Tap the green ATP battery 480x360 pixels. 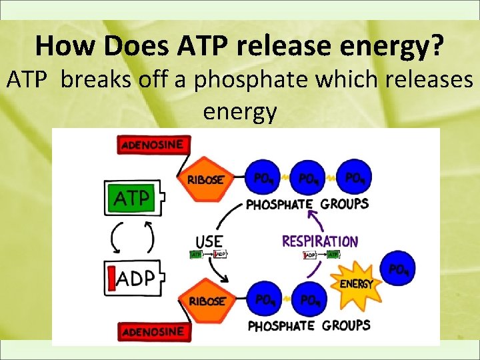click(x=133, y=198)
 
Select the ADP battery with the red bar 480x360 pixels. click(x=133, y=278)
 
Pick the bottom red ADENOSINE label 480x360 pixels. click(x=152, y=331)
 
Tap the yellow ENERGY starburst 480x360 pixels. click(x=357, y=283)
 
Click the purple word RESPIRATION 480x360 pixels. click(x=319, y=241)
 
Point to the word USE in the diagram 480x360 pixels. click(x=209, y=240)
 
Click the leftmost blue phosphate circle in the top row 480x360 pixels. click(x=262, y=177)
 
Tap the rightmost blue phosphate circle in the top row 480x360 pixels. click(x=354, y=177)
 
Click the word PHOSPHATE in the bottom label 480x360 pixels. click(x=281, y=325)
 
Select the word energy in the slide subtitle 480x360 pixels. click(x=239, y=111)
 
